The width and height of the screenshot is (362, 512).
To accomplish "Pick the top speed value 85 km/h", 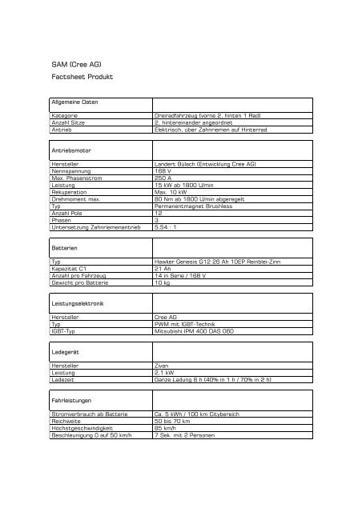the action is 166,428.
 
